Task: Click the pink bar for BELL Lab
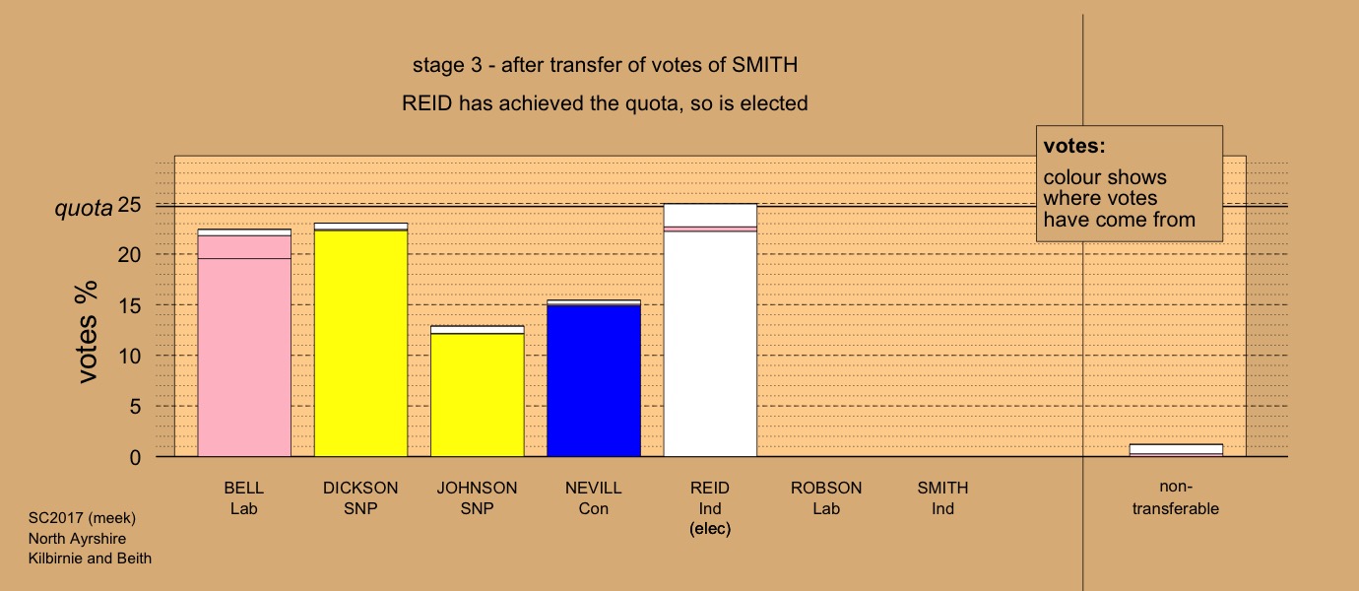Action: (x=244, y=343)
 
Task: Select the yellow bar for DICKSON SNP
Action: (x=361, y=340)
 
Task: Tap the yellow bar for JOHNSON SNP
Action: (x=478, y=391)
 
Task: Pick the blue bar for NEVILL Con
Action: (x=594, y=378)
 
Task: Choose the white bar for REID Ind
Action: (x=710, y=330)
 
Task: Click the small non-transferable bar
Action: (x=1176, y=450)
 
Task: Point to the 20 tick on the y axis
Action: (x=129, y=255)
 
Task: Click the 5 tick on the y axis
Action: (x=135, y=406)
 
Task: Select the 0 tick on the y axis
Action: (x=135, y=457)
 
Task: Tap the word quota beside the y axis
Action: (x=84, y=209)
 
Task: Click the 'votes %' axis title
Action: (x=87, y=332)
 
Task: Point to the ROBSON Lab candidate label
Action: (x=826, y=498)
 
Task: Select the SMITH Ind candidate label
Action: (x=942, y=498)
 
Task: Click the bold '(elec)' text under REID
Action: (x=710, y=529)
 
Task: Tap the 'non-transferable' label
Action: (x=1176, y=497)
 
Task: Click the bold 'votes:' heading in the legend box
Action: (x=1074, y=146)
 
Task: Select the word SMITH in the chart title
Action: (x=765, y=65)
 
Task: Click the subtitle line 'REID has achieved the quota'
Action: (x=605, y=103)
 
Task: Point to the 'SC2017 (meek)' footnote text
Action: (x=82, y=517)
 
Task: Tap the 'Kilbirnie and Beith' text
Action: (x=90, y=558)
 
